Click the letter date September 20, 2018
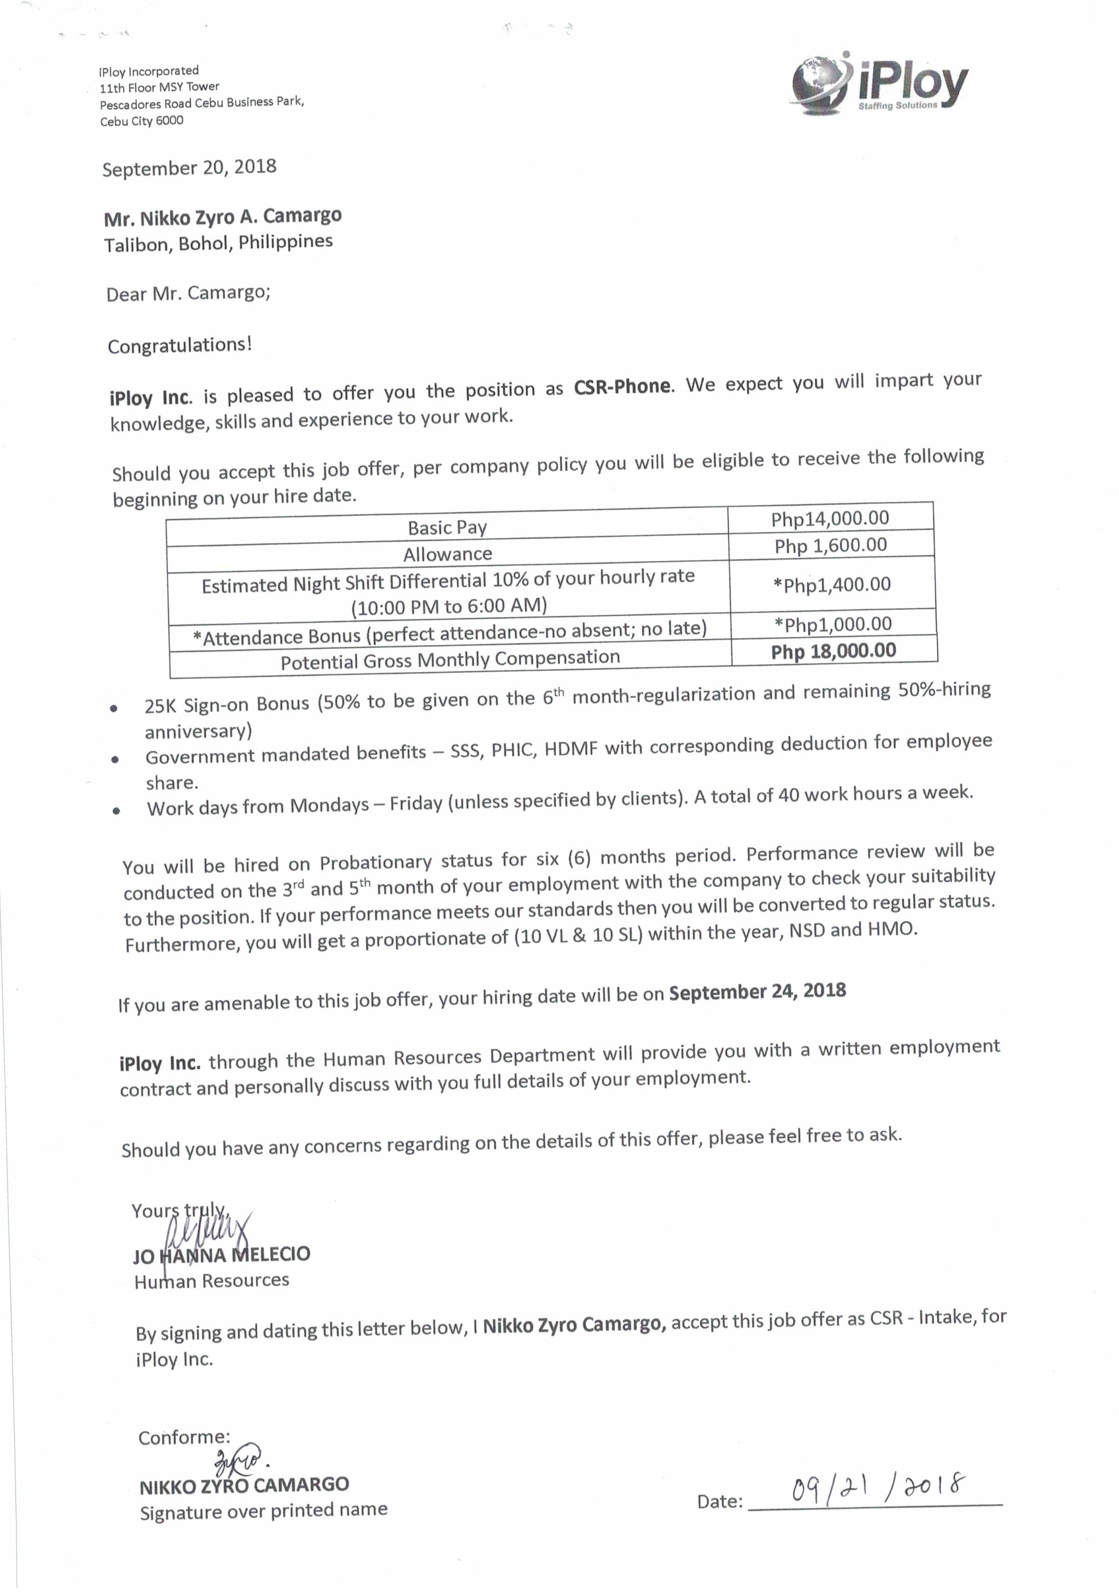[x=189, y=168]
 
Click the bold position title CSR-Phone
[x=622, y=386]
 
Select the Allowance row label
[x=447, y=554]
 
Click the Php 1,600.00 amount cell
[x=831, y=546]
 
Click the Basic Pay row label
[x=447, y=528]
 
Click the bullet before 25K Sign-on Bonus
[x=114, y=708]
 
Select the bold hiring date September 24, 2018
[x=757, y=991]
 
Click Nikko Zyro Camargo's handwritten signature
[x=236, y=1458]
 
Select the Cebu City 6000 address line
[x=141, y=121]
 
